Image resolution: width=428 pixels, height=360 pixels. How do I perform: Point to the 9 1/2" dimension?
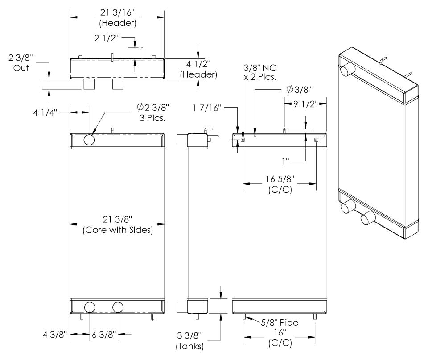coord(306,105)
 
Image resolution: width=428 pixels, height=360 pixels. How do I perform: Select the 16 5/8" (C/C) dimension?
coord(280,183)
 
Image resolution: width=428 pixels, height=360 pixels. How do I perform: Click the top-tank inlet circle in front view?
coord(89,140)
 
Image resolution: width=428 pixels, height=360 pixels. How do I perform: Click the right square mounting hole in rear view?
coord(316,140)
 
